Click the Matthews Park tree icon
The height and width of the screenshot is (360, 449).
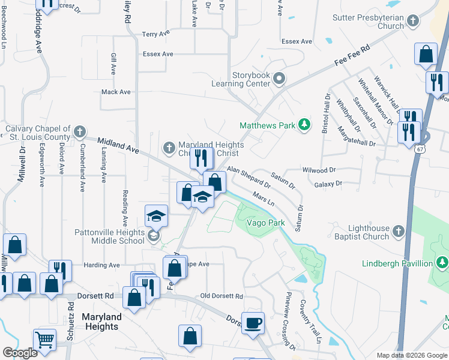click(306, 125)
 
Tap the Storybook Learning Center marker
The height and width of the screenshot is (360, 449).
click(279, 79)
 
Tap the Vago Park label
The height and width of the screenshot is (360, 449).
click(265, 223)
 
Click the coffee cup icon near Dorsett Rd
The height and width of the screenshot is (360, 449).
click(253, 322)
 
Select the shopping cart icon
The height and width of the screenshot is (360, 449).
click(44, 340)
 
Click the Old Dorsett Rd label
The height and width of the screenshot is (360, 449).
click(221, 296)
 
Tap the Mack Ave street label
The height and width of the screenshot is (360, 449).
click(116, 92)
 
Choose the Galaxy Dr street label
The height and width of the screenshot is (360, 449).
click(328, 184)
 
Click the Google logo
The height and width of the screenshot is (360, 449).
click(20, 353)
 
